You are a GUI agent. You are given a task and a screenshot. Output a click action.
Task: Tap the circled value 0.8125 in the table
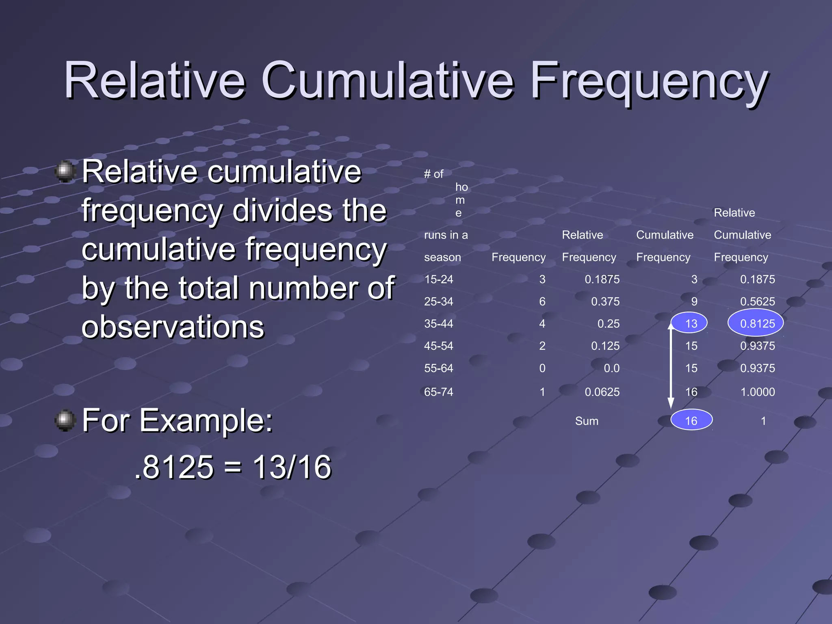point(757,323)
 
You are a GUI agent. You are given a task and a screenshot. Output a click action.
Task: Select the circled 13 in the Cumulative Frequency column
point(691,323)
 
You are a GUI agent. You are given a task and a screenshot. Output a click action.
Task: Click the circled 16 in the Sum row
point(691,420)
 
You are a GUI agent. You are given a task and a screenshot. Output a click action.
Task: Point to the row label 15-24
point(438,279)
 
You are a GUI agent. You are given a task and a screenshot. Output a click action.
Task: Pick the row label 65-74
point(438,392)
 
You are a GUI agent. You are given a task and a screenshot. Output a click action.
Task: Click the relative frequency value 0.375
point(605,301)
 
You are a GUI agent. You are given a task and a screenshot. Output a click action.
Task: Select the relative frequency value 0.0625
point(602,392)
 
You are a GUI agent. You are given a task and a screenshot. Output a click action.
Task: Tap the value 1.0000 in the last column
point(757,392)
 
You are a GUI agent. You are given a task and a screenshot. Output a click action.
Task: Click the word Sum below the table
point(586,421)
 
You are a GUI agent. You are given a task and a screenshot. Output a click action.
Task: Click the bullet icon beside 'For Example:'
point(65,420)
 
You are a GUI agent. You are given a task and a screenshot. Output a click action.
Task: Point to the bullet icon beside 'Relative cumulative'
point(65,171)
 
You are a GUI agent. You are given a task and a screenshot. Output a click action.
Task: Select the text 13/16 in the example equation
point(292,467)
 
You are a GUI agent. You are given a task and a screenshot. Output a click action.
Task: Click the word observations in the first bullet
point(173,327)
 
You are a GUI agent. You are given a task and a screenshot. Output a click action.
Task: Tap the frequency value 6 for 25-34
point(542,301)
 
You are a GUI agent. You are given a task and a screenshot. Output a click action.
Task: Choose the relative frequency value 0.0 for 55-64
point(611,368)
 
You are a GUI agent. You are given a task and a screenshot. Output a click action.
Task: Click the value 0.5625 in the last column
point(757,301)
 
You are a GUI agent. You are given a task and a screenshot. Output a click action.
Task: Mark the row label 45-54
point(438,346)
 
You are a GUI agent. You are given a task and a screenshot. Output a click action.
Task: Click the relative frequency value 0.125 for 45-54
point(605,346)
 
